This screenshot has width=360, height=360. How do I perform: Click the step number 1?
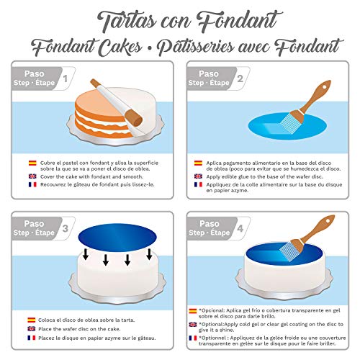coord(66,78)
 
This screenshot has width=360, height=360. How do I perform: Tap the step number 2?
coord(240,78)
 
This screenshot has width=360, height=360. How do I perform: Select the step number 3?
coord(66,228)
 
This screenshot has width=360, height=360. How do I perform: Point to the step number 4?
coord(240,228)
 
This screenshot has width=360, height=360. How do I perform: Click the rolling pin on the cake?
coord(117,103)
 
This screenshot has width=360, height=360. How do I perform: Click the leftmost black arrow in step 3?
coord(86,254)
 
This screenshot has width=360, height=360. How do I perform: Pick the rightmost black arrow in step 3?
coord(149,254)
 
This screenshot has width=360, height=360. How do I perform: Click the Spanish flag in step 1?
coord(32,163)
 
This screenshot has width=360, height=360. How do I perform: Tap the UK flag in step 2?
coord(198,176)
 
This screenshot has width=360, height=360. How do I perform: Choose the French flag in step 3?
coord(32,338)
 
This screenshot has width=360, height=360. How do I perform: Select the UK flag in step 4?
coord(193,325)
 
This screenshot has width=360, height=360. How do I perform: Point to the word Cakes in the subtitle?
coord(120,48)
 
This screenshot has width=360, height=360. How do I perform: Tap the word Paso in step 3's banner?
coord(34,223)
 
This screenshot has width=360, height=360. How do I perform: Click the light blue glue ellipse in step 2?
coord(287,126)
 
